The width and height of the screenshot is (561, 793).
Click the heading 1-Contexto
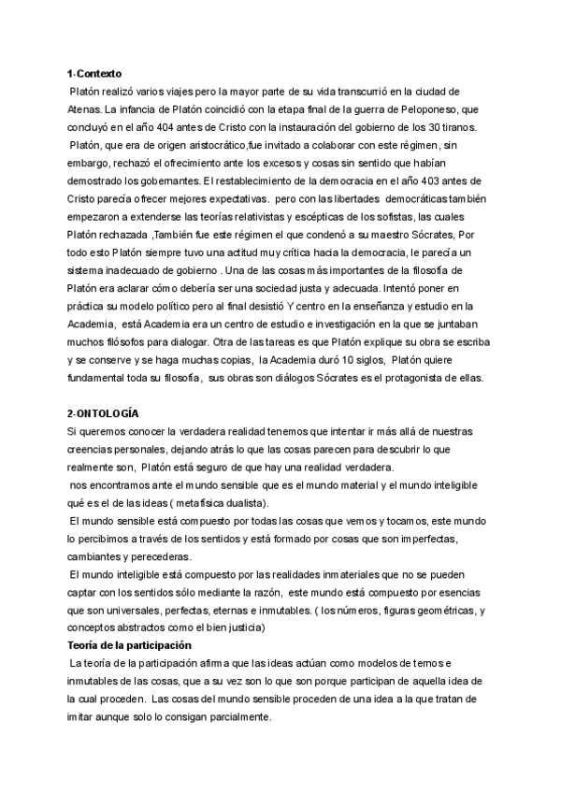[94, 73]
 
